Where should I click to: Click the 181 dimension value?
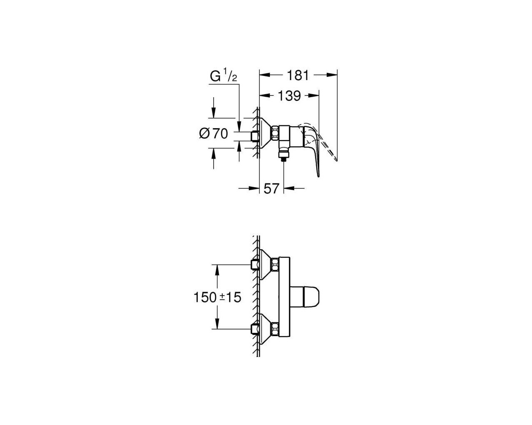click(298, 75)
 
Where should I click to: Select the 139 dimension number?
click(290, 96)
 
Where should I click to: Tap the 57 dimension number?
click(271, 189)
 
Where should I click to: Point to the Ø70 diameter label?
click(214, 134)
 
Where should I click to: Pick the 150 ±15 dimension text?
click(217, 297)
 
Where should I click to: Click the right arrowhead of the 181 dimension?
click(332, 75)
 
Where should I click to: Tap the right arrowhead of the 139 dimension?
click(314, 95)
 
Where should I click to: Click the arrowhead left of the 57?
click(254, 188)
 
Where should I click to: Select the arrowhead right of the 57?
click(289, 188)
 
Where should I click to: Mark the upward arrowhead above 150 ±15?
click(217, 270)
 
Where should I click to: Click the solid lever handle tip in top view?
click(318, 175)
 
